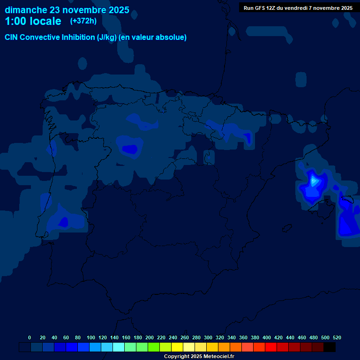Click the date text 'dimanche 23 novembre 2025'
[x=67, y=10]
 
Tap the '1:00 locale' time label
[x=33, y=21]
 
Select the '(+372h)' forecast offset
[x=83, y=21]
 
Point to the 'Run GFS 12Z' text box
[x=298, y=8]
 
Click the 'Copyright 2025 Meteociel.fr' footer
[x=199, y=357]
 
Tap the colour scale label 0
[x=30, y=337]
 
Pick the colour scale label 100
[x=91, y=337]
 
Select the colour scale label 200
[x=150, y=337]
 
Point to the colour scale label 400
[x=267, y=337]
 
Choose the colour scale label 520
[x=337, y=337]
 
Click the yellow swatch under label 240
[x=177, y=347]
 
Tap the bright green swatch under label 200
[x=154, y=347]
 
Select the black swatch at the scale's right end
[x=330, y=347]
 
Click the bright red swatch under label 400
[x=271, y=347]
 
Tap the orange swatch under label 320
[x=224, y=347]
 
